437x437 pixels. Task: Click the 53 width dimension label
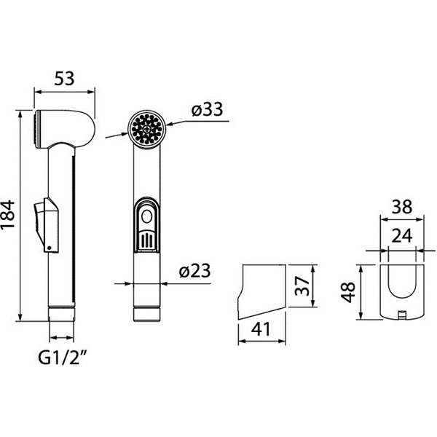[x=64, y=79]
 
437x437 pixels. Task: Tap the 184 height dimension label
[x=8, y=214]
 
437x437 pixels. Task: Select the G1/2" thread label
[x=62, y=358]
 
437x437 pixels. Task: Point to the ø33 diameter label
[x=207, y=109]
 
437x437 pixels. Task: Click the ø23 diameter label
[x=194, y=270]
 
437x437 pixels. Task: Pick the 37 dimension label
[x=302, y=286]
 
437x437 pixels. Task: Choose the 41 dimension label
[x=261, y=329]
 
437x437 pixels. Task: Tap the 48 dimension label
[x=348, y=292]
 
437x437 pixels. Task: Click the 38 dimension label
[x=401, y=207]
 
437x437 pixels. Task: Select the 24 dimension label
[x=401, y=235]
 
